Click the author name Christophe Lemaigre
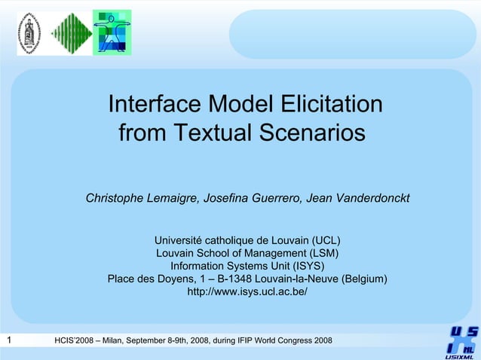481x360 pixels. coord(142,199)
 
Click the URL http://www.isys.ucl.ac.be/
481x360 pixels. coord(247,291)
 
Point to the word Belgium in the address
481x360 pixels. coord(364,279)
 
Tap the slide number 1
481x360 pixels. coord(8,341)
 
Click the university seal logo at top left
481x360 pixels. coord(30,32)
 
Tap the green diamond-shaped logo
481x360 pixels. coord(72,32)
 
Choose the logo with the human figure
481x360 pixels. coord(112,32)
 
